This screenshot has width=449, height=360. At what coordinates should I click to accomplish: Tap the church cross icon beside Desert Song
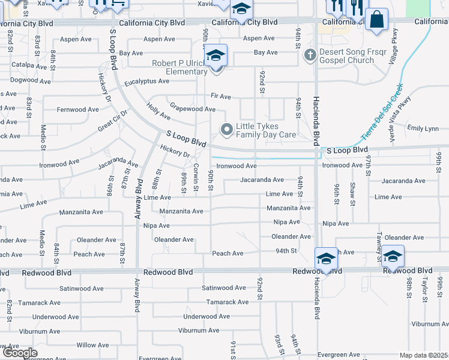point(310,56)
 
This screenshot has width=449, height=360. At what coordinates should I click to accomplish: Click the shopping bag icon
point(376,19)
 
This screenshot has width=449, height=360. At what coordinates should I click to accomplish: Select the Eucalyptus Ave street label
point(147,81)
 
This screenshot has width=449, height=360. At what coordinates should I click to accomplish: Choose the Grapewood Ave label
point(192,109)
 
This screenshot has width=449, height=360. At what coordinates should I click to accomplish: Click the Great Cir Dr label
point(113,122)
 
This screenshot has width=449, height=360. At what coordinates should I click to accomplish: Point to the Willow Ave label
point(92,345)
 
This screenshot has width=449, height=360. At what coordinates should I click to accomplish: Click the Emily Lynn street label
point(423,128)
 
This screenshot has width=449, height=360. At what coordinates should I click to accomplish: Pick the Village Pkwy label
point(393,47)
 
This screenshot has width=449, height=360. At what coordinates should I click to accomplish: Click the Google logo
point(19,353)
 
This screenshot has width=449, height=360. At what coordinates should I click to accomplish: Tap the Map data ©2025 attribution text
point(424,356)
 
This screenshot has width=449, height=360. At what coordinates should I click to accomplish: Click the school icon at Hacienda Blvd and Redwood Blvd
point(326,259)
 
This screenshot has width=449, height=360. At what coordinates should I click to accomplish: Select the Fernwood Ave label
point(78,109)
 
